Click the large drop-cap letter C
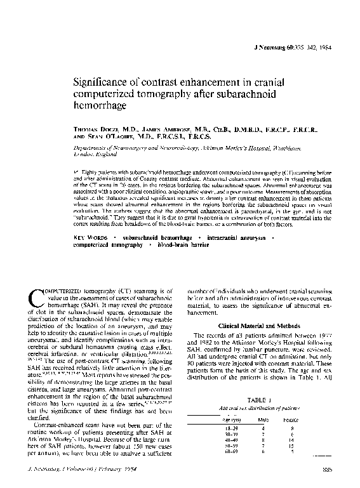coord(36,300)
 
